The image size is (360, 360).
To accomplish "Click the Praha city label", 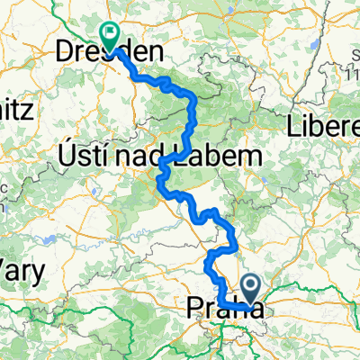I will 225,310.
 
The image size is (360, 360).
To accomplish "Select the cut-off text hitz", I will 16,111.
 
